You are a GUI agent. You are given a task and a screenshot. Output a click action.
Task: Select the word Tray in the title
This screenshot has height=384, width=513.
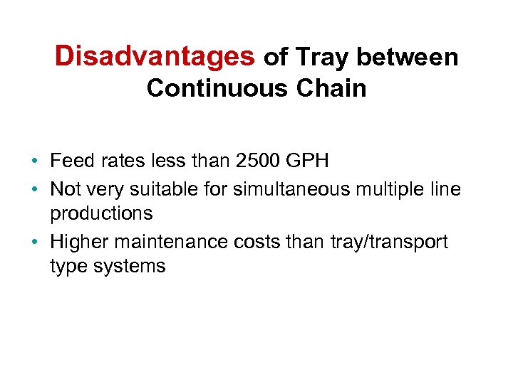point(321,57)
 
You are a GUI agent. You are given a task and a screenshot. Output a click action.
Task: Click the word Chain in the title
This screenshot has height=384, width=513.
point(333,88)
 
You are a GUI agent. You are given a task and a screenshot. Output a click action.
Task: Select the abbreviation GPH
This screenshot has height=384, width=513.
point(306,161)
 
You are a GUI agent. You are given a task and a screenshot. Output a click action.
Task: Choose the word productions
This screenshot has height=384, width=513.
point(101,213)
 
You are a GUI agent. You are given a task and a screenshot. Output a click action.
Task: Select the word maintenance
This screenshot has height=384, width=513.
point(172,242)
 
